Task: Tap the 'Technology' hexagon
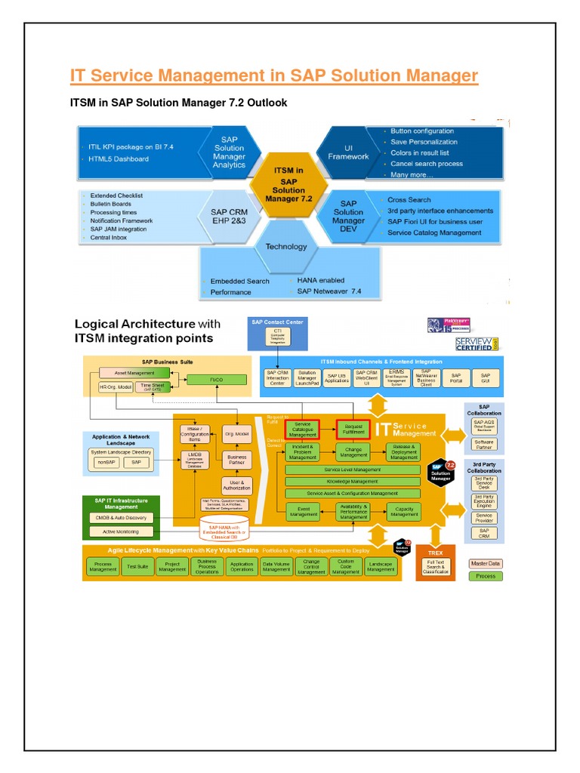tap(286, 246)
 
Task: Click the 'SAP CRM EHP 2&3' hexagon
tap(229, 213)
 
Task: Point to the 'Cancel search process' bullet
tap(427, 164)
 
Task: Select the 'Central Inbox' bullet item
tap(110, 237)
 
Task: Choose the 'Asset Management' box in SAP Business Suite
tap(136, 373)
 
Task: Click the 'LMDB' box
tap(194, 460)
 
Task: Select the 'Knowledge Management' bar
tap(352, 482)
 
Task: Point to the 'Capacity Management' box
tap(404, 511)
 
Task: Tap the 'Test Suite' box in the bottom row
tap(137, 566)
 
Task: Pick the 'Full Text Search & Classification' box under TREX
tap(436, 566)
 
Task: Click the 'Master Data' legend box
tap(485, 563)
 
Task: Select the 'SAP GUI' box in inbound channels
tap(485, 377)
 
